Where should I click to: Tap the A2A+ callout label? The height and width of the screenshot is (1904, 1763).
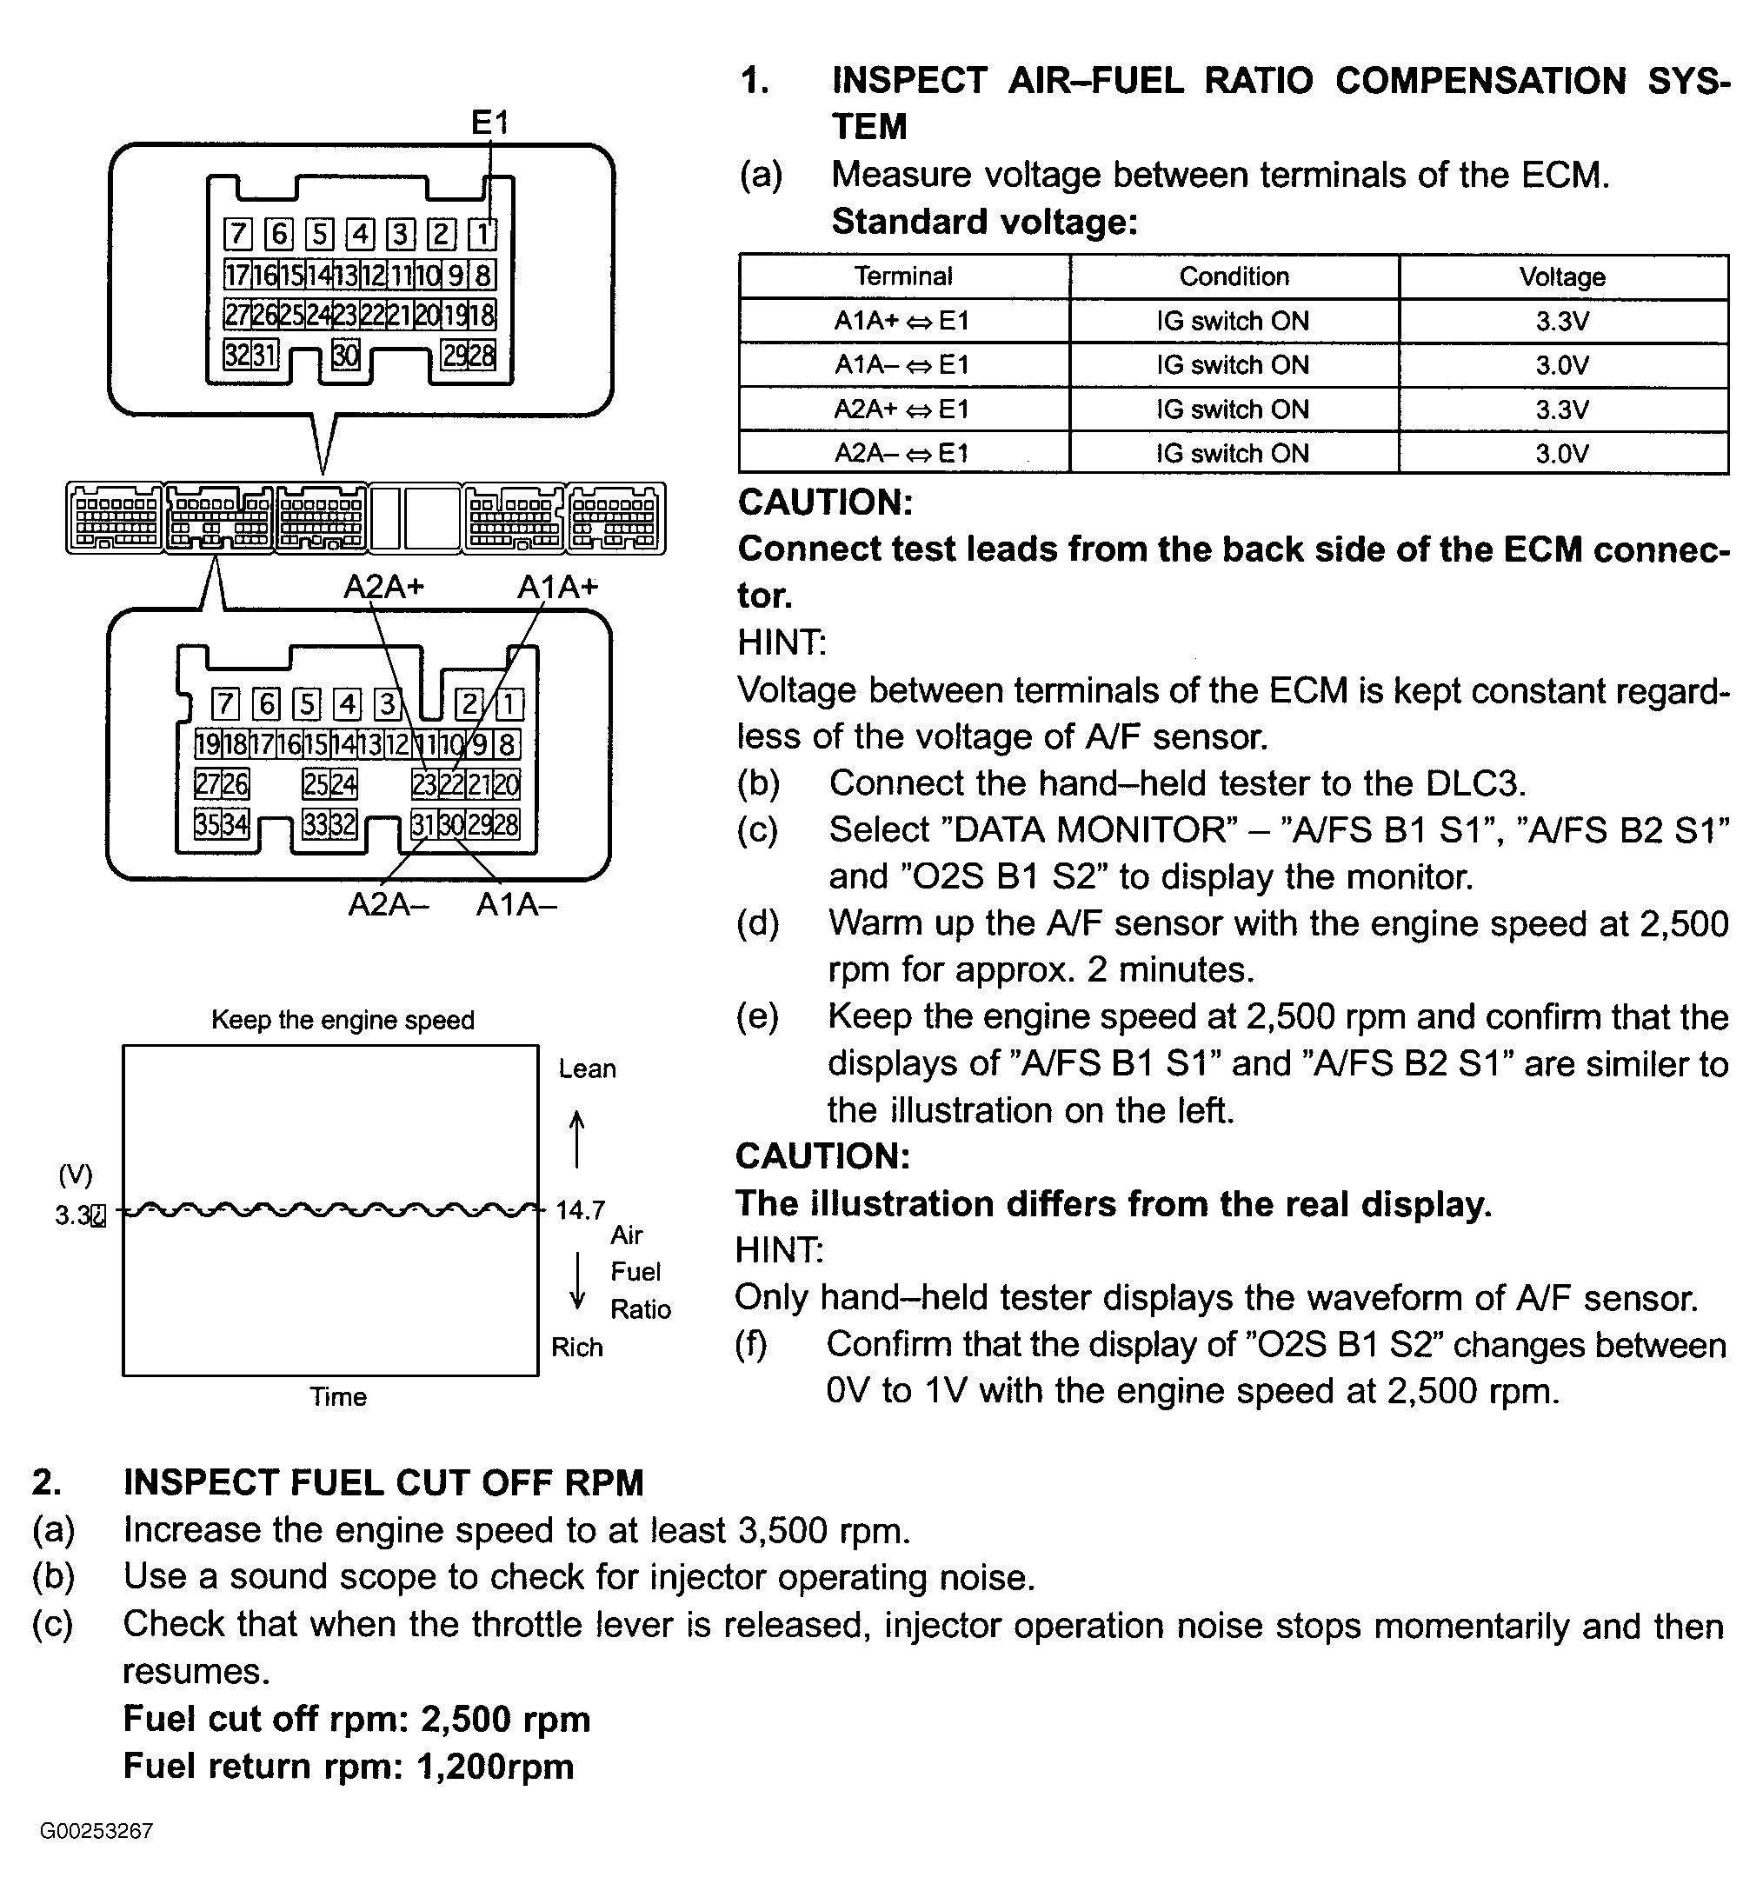point(383,586)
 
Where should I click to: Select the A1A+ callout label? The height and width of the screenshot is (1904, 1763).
point(557,586)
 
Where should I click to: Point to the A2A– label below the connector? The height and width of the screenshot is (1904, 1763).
point(389,903)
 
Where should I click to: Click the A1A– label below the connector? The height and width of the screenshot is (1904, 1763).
point(516,903)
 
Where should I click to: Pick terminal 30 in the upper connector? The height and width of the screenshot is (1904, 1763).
point(345,355)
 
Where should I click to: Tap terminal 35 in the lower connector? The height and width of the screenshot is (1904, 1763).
point(207,823)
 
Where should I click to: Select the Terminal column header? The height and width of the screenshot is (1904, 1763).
point(902,276)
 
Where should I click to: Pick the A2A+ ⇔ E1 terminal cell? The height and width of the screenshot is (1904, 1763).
point(901,409)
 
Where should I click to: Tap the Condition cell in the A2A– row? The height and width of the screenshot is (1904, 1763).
point(1233,453)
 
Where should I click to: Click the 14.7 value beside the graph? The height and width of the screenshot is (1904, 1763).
point(580,1210)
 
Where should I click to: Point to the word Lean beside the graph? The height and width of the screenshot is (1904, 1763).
point(587,1069)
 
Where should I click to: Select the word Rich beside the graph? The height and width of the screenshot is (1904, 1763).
point(577,1347)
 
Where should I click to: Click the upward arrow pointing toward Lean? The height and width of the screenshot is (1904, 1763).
point(576,1139)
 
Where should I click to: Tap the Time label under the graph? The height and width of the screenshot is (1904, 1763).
point(337,1396)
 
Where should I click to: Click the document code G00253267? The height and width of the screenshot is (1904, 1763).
point(96,1831)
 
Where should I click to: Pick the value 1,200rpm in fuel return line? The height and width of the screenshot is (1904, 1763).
point(496,1766)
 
